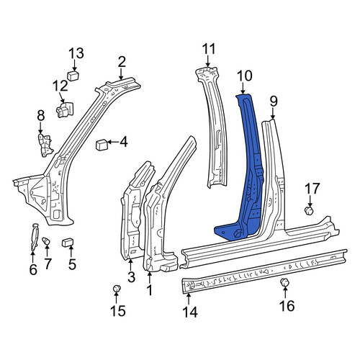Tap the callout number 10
(x=245, y=76)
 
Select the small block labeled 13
(x=73, y=76)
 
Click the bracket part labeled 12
(x=64, y=109)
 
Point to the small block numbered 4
(x=102, y=145)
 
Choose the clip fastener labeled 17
(x=309, y=211)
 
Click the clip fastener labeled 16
(x=284, y=282)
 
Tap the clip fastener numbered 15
(x=117, y=289)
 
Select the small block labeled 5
(x=68, y=243)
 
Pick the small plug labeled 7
(x=46, y=241)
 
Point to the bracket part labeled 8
(x=45, y=145)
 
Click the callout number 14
(x=190, y=312)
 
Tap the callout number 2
(x=122, y=62)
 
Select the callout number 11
(x=209, y=49)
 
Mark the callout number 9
(x=274, y=102)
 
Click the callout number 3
(x=131, y=277)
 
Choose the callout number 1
(x=149, y=290)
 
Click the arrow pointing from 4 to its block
(x=113, y=143)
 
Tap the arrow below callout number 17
(x=310, y=202)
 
